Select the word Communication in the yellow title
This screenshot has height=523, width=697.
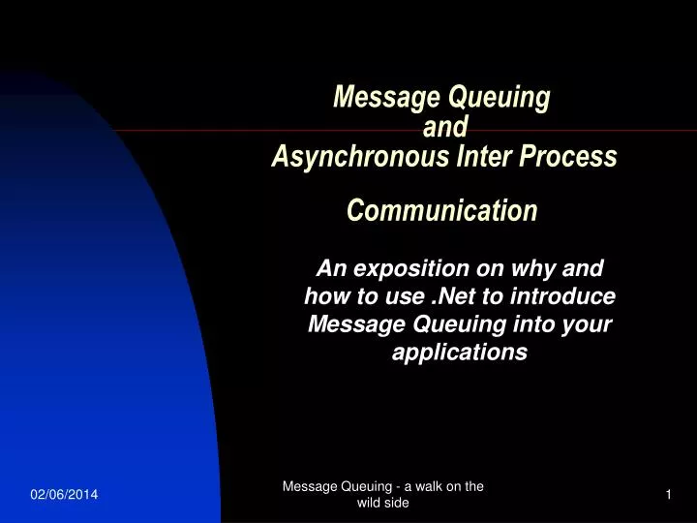point(441,210)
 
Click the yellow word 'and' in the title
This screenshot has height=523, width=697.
point(446,127)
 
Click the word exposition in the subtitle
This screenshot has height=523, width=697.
point(406,268)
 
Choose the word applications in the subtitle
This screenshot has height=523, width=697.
point(460,353)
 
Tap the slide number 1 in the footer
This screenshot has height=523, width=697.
point(668,496)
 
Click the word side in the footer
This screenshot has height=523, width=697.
point(399,504)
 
